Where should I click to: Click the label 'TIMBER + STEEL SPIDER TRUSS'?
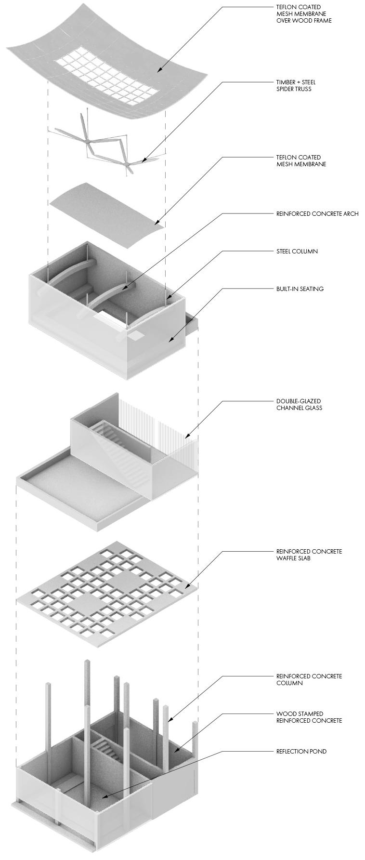coord(296,85)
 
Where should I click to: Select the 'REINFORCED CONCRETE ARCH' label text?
coord(317,213)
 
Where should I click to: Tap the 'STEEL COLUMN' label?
coord(297,251)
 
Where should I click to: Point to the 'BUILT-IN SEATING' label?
coord(300,289)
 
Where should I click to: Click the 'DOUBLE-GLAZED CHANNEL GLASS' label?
coord(299,404)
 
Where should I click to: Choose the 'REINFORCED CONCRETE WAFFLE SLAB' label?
coord(309,555)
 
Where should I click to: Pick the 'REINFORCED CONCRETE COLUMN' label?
coord(309,679)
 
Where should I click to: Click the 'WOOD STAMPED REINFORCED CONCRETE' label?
coord(309,717)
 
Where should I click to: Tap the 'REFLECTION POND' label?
coord(301,751)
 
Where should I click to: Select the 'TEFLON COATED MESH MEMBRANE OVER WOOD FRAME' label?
coord(304,14)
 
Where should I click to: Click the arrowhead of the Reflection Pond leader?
coord(103,797)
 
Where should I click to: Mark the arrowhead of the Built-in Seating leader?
coord(170,341)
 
